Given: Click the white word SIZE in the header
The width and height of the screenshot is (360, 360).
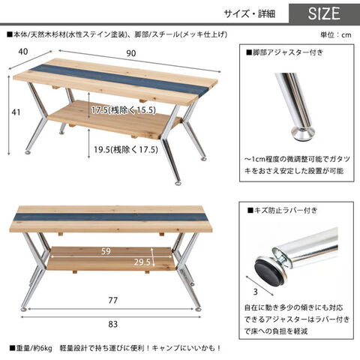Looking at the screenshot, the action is (324, 13).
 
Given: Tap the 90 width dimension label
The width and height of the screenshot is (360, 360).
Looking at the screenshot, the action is (131, 53).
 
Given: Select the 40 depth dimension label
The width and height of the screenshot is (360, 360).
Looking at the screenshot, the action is (23, 52).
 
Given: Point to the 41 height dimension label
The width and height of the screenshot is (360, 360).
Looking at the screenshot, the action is (16, 112).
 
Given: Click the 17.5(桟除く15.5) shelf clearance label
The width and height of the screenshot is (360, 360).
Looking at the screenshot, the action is (124, 110).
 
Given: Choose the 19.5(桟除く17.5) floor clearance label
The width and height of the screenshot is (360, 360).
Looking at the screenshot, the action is (126, 150).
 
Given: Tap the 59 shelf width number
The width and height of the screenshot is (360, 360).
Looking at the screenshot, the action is (106, 251).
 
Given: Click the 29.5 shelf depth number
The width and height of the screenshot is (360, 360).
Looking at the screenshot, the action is (142, 262).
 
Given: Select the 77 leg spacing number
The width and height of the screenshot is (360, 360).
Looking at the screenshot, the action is (112, 300).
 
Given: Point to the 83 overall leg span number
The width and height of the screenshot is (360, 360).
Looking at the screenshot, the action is (113, 324).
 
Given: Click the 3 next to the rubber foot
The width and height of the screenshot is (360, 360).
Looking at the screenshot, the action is (255, 292).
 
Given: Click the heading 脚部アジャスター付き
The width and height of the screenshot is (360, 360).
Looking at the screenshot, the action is (284, 52).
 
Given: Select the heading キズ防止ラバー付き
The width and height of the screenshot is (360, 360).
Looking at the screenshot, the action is (282, 211).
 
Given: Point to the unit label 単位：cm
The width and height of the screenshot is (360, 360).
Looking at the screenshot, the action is (336, 34).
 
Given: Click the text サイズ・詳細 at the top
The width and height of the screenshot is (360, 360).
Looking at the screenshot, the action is (249, 13).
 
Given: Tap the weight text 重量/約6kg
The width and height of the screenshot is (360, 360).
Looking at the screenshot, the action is (31, 348).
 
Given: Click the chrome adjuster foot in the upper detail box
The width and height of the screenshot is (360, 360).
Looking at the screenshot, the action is (302, 133).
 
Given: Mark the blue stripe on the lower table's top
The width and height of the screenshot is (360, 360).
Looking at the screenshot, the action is (112, 217).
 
